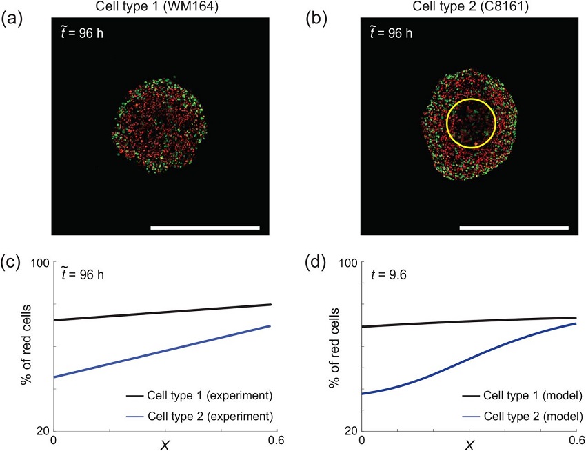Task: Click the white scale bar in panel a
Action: (205, 227)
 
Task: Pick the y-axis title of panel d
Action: (335, 345)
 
